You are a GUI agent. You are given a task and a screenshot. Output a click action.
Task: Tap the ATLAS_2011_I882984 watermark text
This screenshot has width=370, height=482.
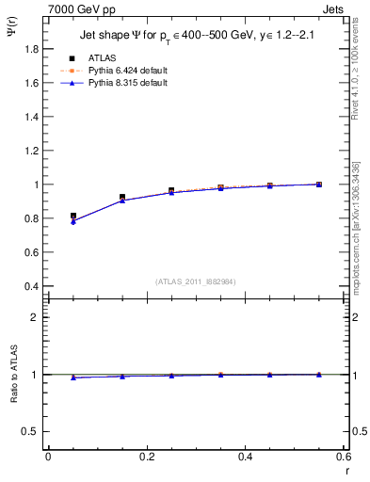[x=196, y=281]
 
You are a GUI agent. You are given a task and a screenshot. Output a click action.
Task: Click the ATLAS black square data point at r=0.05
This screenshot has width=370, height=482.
[x=73, y=216]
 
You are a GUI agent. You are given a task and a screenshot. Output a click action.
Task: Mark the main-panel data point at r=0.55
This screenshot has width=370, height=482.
[x=319, y=185]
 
